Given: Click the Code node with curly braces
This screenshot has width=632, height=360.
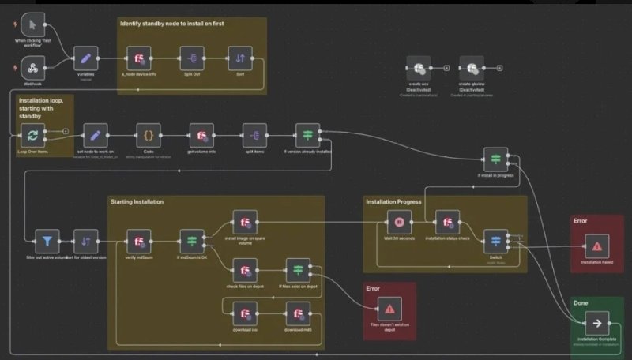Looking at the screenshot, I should coord(148,134).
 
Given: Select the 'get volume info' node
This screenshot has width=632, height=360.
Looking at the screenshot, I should coord(202,134).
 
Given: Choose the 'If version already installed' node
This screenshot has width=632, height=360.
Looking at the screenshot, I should coord(307,134).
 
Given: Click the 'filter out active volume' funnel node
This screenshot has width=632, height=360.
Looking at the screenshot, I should coord(47,241).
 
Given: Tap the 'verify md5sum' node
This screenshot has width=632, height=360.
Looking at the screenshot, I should coord(139,241).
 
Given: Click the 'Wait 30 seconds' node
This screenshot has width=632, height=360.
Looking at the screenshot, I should coord(399,222).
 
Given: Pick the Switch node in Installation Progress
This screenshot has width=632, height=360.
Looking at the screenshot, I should coord(495,241).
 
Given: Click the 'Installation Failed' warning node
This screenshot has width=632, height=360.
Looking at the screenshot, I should coord(596,244).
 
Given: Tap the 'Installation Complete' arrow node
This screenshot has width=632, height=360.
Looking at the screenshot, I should coord(596,324).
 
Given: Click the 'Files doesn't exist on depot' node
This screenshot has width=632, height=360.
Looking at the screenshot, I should coord(389,309).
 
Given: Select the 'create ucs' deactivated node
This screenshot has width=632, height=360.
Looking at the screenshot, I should coord(418,68).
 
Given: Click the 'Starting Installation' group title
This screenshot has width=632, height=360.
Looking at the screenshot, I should coord(137,202).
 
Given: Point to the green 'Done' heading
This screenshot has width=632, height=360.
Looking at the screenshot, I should coord(581,302).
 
